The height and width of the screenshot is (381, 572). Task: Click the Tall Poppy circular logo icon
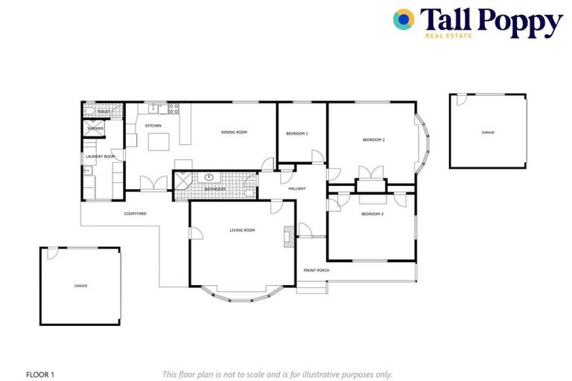(x=404, y=19)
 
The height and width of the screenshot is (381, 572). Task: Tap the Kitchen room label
(x=153, y=126)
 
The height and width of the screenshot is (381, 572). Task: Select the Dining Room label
(x=234, y=132)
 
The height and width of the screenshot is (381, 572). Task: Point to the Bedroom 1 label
(x=296, y=133)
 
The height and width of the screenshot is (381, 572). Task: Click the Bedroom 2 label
(x=373, y=140)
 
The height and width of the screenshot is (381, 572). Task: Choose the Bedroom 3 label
(x=372, y=214)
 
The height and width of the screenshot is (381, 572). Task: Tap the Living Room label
(x=242, y=231)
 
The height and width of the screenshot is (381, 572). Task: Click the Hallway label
(x=297, y=188)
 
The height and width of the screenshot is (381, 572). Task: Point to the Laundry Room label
(x=100, y=156)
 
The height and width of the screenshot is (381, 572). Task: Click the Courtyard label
(x=135, y=214)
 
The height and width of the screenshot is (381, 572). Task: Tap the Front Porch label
(x=316, y=270)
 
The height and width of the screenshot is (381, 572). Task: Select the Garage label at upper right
(x=488, y=132)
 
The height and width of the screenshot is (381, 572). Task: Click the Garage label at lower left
(x=80, y=286)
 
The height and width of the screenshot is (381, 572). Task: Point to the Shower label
(x=95, y=129)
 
